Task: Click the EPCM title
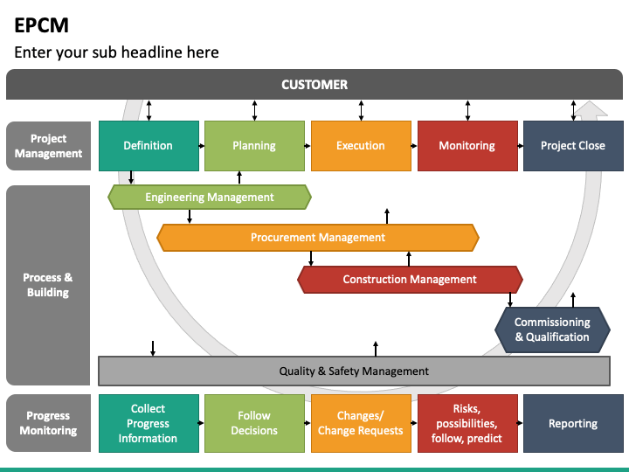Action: click(x=41, y=25)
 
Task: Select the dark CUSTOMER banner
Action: click(x=314, y=84)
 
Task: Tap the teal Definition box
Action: click(x=149, y=146)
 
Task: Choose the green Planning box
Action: click(x=254, y=146)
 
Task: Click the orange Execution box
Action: click(x=361, y=146)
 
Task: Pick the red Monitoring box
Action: click(x=467, y=146)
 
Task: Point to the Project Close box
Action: click(x=573, y=146)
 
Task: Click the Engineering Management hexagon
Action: click(x=210, y=197)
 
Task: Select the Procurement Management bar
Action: click(x=318, y=238)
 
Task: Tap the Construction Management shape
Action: click(x=410, y=280)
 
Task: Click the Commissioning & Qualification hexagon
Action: click(x=552, y=330)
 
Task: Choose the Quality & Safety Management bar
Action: click(x=354, y=371)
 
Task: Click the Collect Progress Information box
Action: click(x=149, y=423)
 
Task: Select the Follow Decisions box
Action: click(x=254, y=423)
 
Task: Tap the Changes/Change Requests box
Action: click(x=361, y=423)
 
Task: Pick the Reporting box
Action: click(x=573, y=423)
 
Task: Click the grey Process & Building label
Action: click(x=48, y=285)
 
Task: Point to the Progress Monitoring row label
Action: click(x=48, y=423)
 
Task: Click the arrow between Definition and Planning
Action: click(x=202, y=146)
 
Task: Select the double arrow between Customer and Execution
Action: click(x=361, y=110)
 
